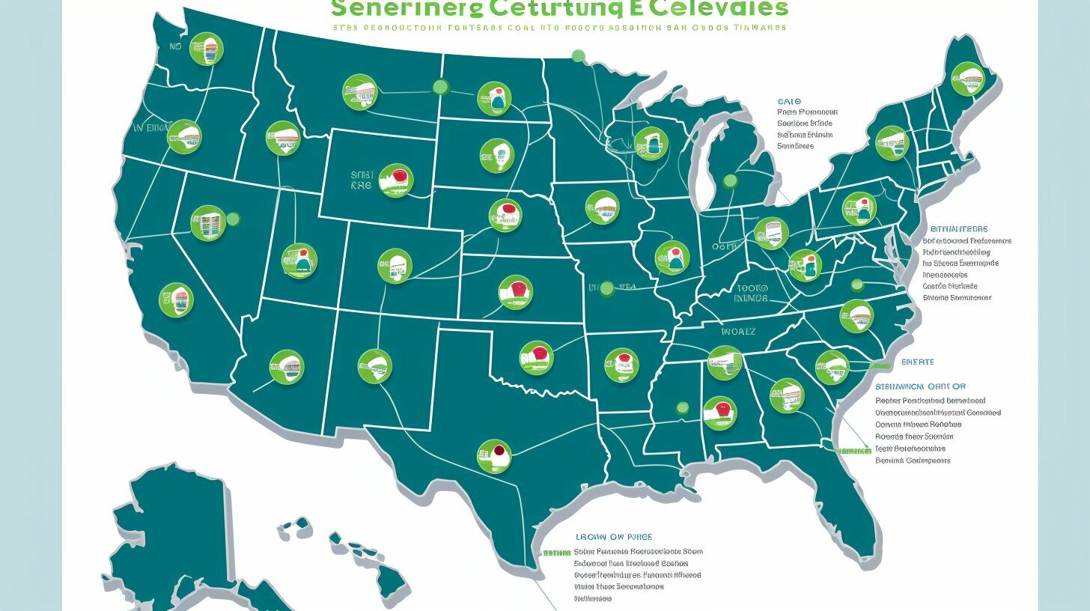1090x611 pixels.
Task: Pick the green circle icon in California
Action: tap(177, 300)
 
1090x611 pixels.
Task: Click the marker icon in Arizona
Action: tap(287, 366)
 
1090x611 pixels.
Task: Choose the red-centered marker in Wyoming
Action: tap(396, 180)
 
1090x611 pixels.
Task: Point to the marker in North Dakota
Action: tap(494, 97)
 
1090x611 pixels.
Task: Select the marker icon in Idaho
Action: tap(283, 138)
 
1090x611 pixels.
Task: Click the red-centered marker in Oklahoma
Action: tap(537, 358)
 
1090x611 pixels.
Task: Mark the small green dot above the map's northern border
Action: tap(578, 55)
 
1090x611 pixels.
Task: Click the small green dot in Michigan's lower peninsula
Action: tap(730, 181)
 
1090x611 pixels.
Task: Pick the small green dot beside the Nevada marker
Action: tap(233, 219)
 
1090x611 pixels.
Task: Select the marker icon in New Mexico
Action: tap(375, 366)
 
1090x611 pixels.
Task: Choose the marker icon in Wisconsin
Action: tap(650, 142)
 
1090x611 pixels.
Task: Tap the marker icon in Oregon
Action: tap(184, 137)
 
